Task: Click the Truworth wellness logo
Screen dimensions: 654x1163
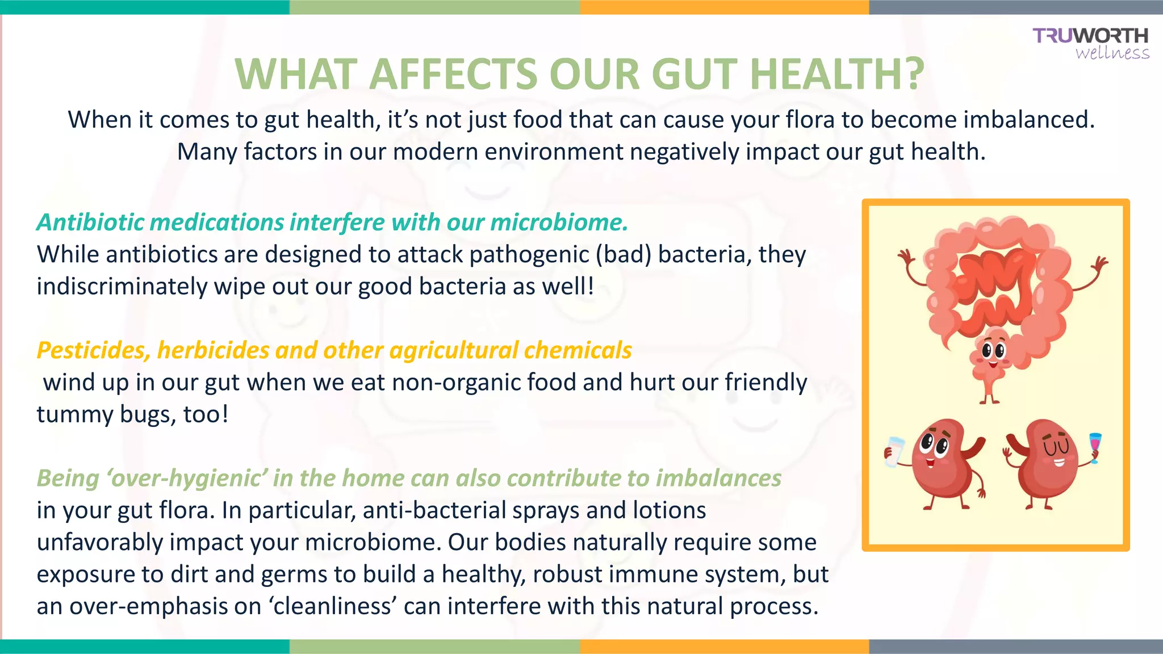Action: pyautogui.click(x=1090, y=43)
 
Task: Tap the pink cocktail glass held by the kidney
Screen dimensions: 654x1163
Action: pyautogui.click(x=1095, y=446)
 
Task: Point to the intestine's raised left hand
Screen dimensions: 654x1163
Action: pyautogui.click(x=906, y=258)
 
